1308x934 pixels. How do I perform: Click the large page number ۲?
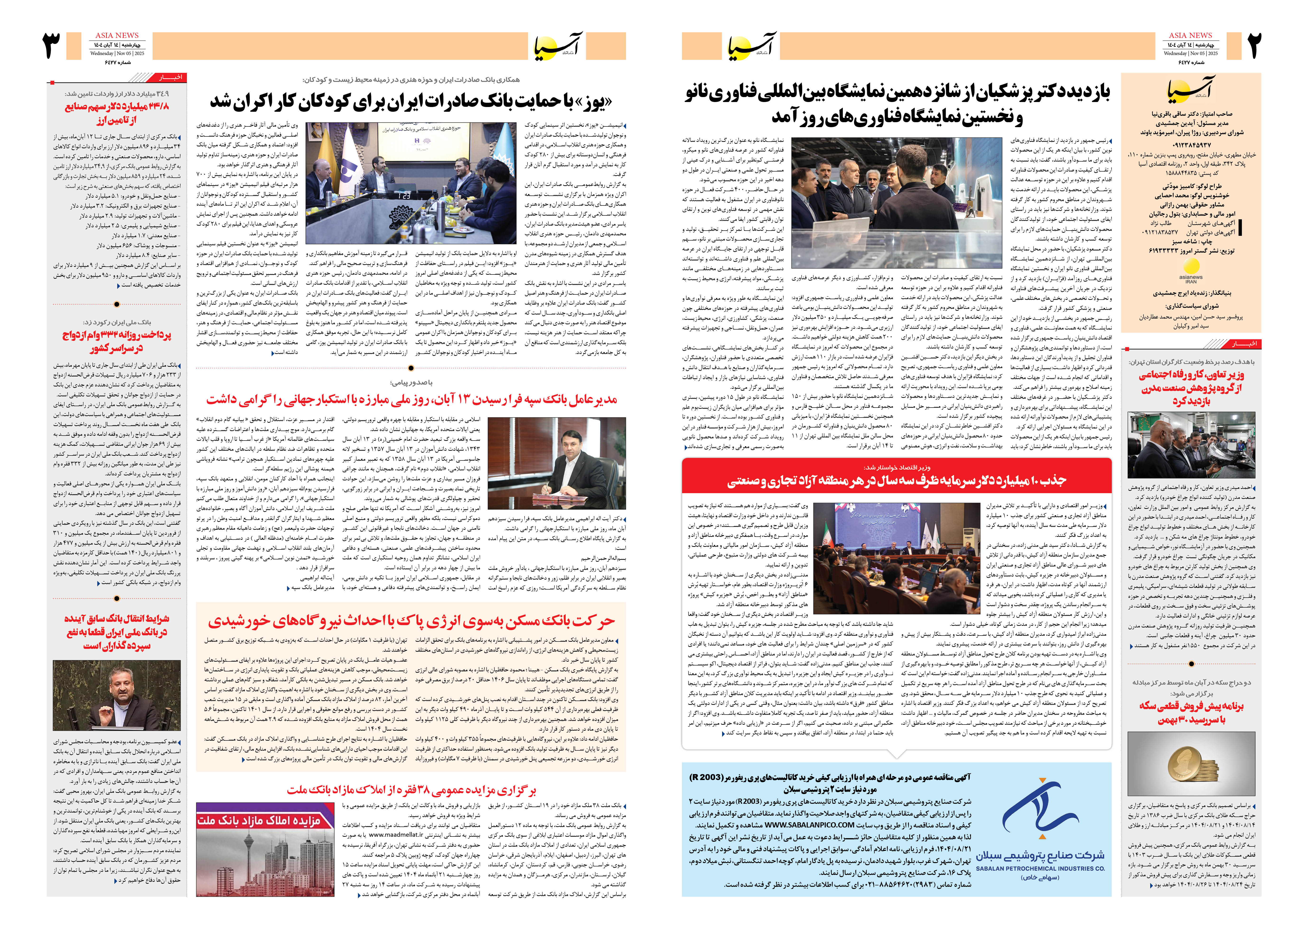click(1253, 46)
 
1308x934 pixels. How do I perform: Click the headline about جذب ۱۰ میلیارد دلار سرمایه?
click(896, 481)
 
